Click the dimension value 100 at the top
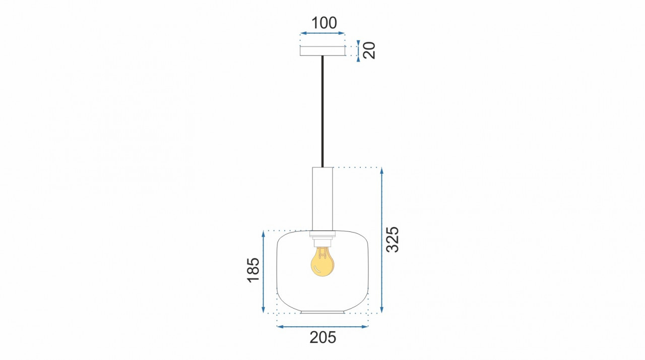coord(324,23)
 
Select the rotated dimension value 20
coord(369,50)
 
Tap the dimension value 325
coord(392,239)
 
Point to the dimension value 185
coord(253,270)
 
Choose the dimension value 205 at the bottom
coord(323,337)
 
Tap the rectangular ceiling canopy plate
coord(322,51)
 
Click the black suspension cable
coord(322,111)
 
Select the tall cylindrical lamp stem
coord(322,199)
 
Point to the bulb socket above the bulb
coord(322,242)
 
